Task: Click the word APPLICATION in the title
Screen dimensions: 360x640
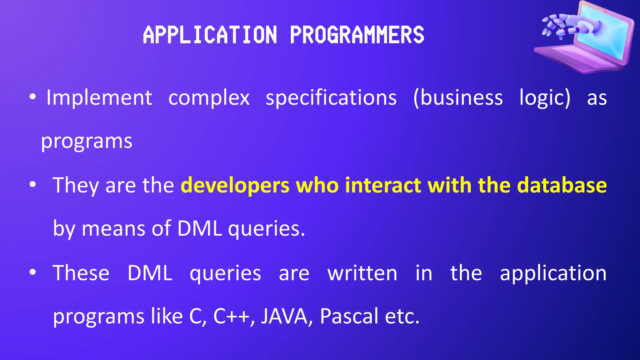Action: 210,35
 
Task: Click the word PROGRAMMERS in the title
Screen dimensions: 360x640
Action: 357,35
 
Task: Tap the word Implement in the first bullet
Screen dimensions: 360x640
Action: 99,98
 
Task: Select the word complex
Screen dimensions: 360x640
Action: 209,98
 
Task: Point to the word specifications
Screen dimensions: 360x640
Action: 331,98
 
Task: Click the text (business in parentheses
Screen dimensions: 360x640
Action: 458,98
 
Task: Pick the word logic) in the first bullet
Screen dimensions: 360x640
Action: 545,98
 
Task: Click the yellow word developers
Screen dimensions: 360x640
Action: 235,186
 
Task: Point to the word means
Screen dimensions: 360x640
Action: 113,228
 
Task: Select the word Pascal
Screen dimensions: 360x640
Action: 349,316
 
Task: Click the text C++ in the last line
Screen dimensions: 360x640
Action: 232,316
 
